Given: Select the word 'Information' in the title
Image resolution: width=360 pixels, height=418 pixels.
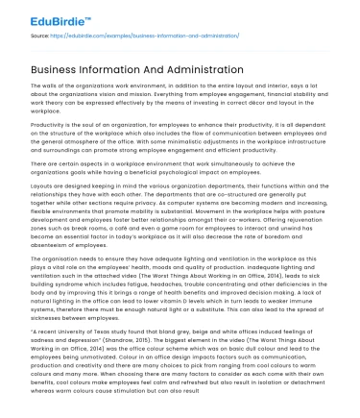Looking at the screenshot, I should point(103,69).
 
